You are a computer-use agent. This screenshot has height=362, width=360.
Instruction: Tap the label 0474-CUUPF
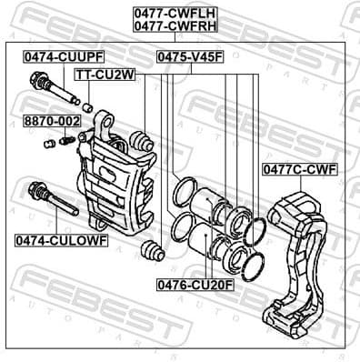coord(57,56)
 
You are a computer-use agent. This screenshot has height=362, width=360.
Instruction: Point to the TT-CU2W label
coord(105,74)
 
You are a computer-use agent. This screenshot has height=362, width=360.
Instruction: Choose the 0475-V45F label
coord(189,56)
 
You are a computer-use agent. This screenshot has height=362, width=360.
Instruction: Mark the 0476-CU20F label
coord(193,285)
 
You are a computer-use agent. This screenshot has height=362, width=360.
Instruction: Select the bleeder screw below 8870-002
coord(65,140)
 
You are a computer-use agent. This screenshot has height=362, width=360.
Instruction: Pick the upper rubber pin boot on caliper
coord(140,140)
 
